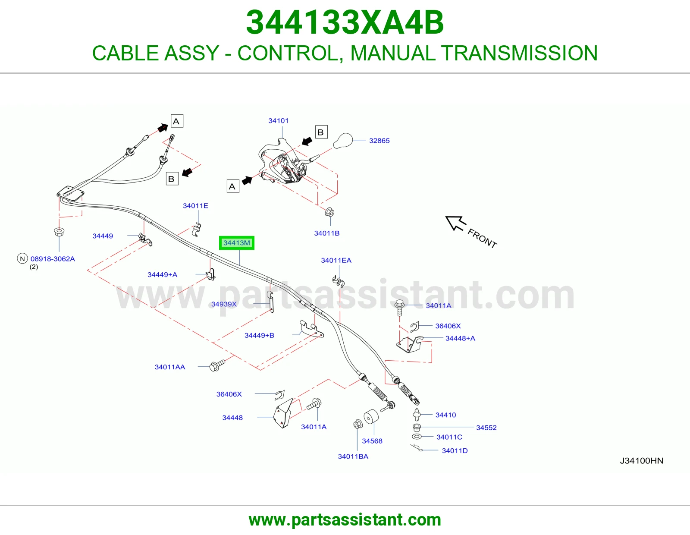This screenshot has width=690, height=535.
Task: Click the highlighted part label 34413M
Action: point(237,243)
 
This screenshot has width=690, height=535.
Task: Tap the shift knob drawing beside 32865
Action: point(343,141)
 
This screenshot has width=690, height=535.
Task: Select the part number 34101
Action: point(278,121)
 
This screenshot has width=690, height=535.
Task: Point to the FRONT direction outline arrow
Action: point(456,223)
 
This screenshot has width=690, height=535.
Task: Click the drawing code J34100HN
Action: point(641,461)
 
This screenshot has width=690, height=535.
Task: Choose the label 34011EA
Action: point(336,261)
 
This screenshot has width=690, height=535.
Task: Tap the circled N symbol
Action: point(22,258)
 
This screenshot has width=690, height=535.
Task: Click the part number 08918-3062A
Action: point(53,259)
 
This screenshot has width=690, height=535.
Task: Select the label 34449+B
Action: point(259,336)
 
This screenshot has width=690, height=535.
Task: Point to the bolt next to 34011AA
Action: point(217,365)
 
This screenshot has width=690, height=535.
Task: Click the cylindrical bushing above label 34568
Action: point(371,417)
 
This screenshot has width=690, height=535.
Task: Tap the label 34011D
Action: point(455,451)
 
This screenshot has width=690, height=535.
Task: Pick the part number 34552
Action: point(486,428)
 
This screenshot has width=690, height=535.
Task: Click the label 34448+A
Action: point(460,338)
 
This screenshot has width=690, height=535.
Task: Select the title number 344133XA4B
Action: point(345,22)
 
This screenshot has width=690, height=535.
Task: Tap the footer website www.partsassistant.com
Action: point(345,520)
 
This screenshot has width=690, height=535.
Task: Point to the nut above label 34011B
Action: point(329,212)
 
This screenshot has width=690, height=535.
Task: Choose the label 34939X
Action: point(224,304)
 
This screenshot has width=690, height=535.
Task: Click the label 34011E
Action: point(195,206)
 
